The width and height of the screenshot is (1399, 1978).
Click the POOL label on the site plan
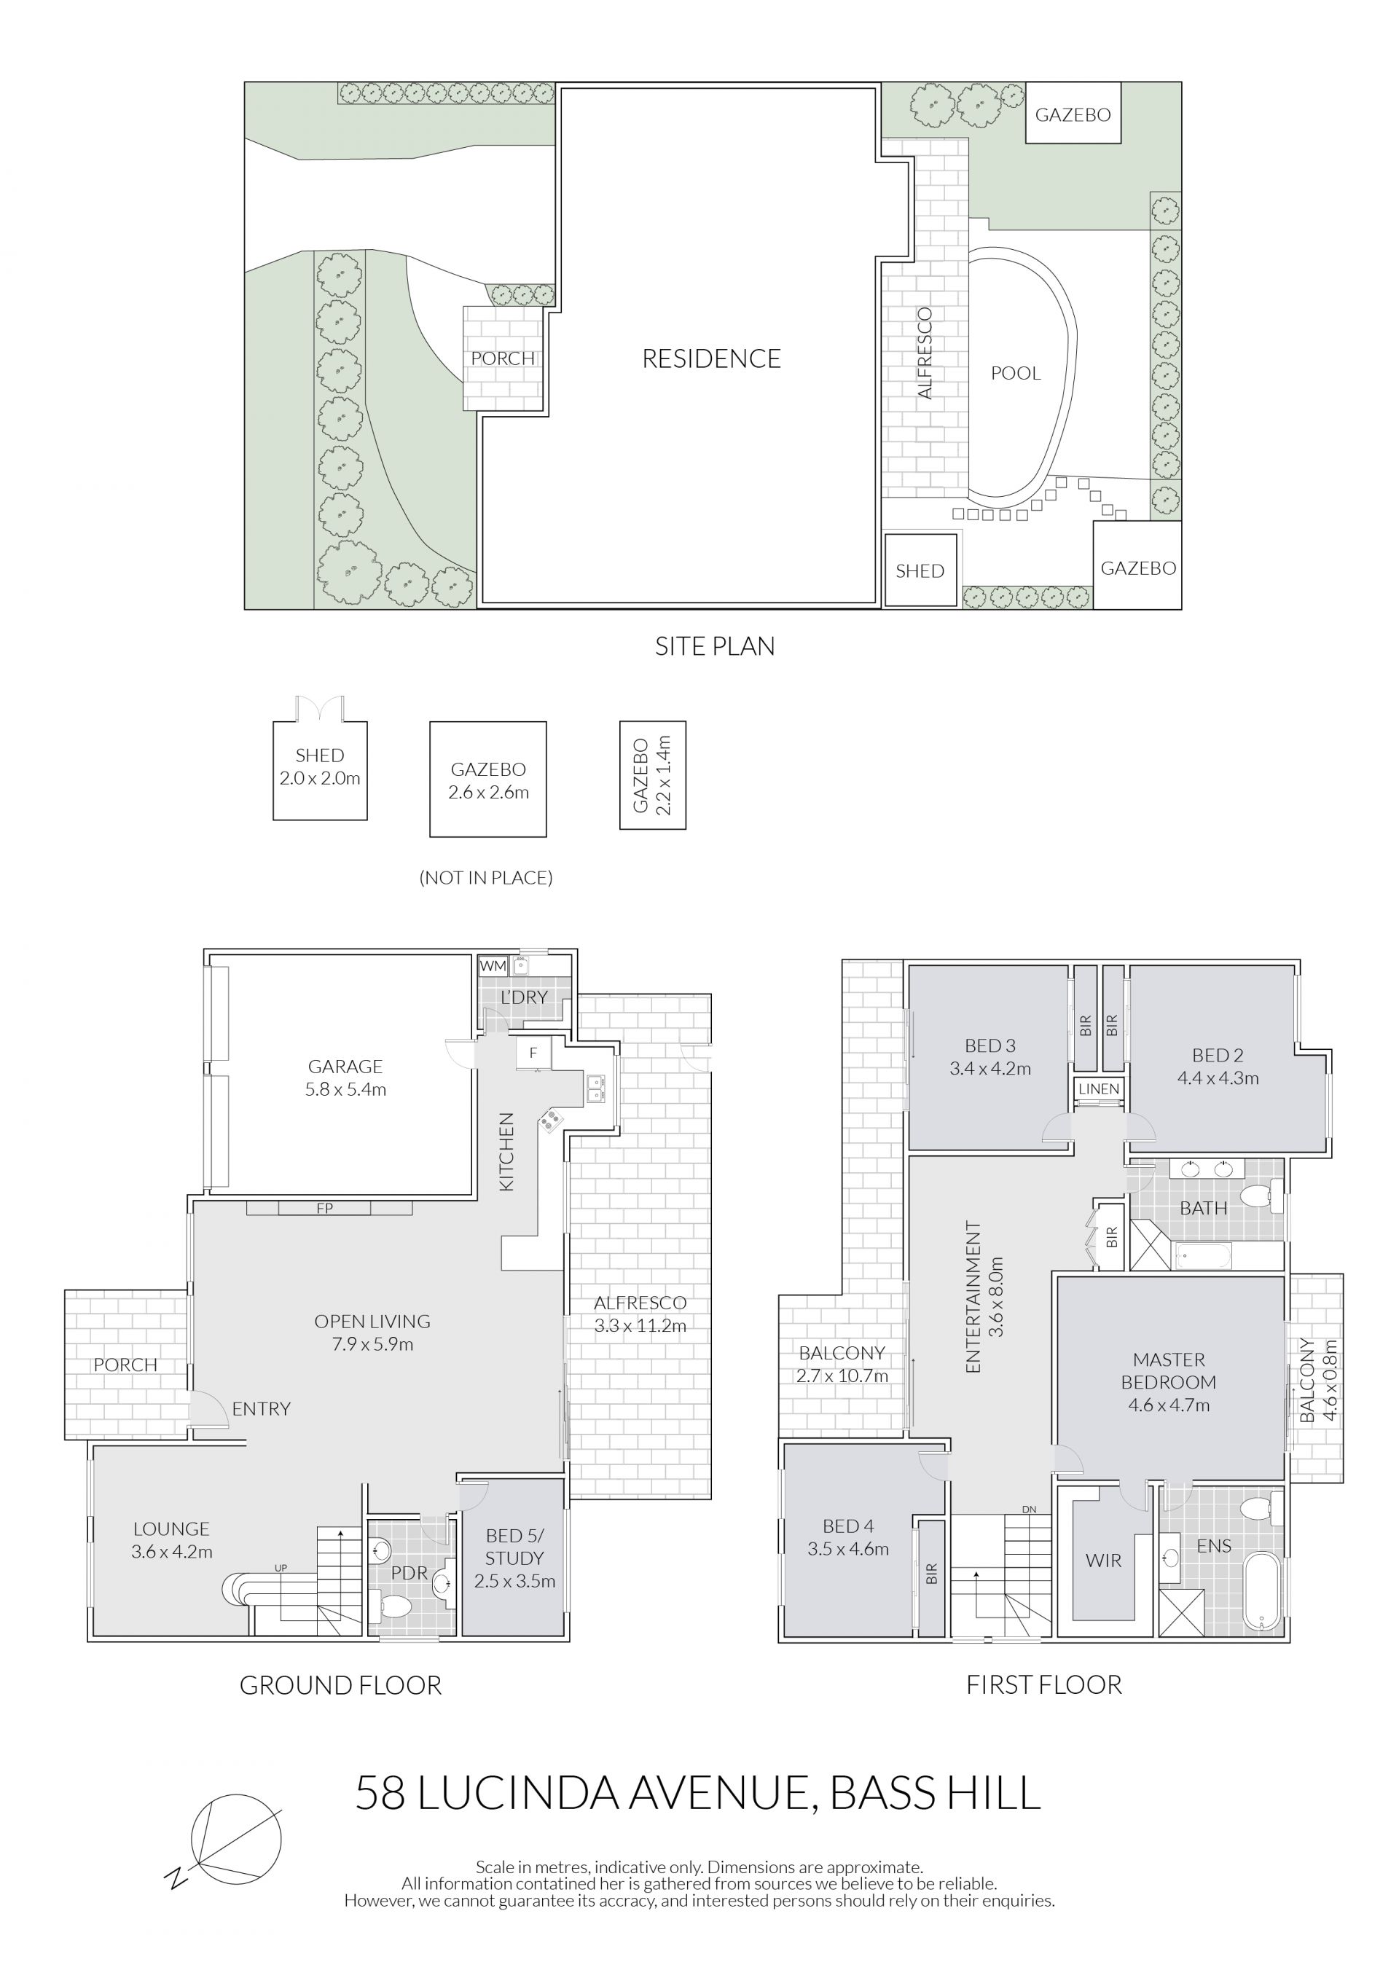coord(1016,373)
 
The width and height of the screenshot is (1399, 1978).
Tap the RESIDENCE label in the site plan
coord(712,358)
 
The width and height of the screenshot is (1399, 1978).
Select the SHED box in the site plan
coord(921,570)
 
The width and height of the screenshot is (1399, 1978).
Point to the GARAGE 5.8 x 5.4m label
coord(345,1078)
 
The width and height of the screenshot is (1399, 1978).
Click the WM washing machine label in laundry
coord(493,966)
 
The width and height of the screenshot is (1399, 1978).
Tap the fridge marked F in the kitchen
coord(534,1053)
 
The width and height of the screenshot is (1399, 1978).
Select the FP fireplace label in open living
coord(325,1209)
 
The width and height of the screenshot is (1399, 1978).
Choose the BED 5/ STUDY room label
coord(514,1558)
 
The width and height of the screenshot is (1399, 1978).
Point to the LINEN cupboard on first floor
coord(1100,1089)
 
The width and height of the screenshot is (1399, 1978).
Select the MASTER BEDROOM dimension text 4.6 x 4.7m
coord(1169,1405)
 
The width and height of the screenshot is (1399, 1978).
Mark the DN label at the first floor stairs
coord(1029,1510)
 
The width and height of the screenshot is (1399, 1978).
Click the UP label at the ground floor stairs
coord(281,1568)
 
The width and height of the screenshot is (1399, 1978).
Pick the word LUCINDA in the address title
coord(519,1793)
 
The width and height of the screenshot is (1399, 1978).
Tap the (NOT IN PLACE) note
coord(486,878)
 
